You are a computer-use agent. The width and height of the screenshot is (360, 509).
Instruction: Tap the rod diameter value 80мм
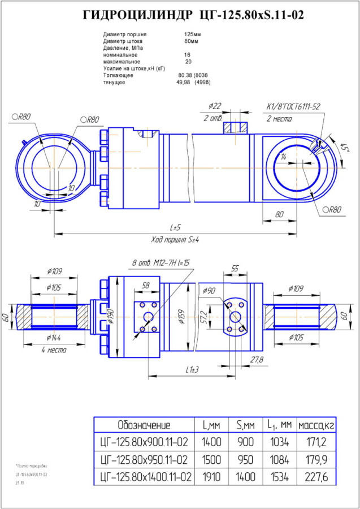tap(191, 41)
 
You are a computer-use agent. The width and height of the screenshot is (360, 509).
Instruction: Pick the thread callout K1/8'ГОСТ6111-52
tap(293, 106)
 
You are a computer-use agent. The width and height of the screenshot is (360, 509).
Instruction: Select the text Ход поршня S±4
tap(175, 239)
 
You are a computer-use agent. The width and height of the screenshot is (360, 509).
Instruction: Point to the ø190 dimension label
tap(111, 319)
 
